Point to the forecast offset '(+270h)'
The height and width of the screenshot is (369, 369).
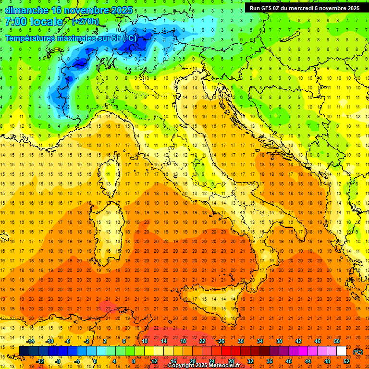coord(86,22)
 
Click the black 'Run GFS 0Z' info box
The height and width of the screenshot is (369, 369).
coord(305,8)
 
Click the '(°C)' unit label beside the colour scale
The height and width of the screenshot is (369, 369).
coord(358,352)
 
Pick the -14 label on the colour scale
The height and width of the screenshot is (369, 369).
coord(30,341)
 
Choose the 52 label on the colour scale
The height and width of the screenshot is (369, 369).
coord(346,361)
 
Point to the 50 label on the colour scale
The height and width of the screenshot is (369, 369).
coord(337,341)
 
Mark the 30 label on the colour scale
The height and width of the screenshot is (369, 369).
coord(241,341)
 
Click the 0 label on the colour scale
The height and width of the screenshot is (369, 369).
coord(95,361)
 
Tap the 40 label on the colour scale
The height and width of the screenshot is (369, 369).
coord(289,361)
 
